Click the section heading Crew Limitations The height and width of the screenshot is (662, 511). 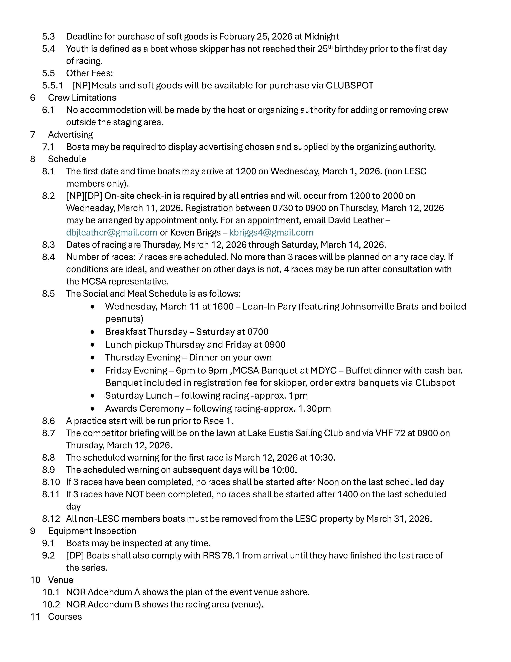coord(82,98)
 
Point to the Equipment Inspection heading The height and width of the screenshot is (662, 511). coord(92,531)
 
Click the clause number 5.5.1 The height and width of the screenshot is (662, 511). coord(52,85)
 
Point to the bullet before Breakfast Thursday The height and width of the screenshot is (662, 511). coord(92,332)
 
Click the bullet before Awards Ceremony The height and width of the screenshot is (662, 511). coord(92,409)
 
